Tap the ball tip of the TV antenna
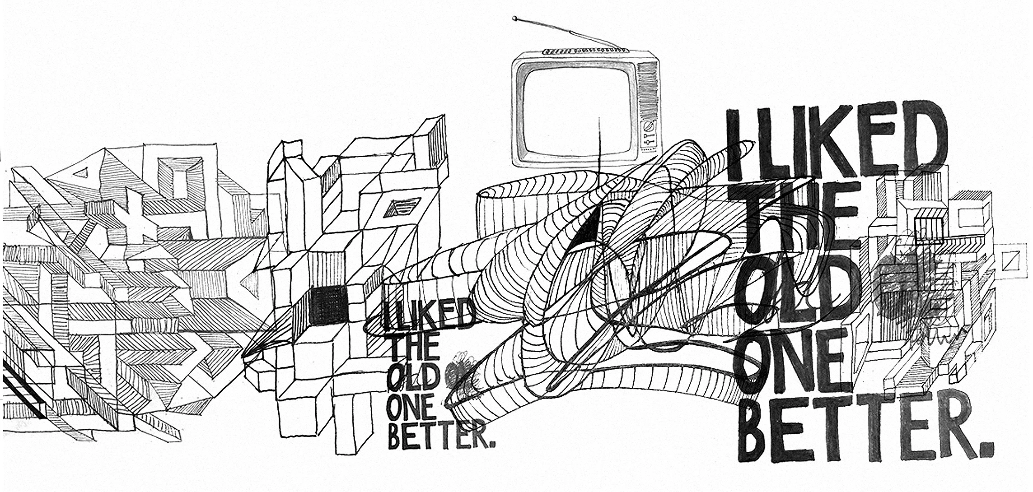point(514,19)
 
